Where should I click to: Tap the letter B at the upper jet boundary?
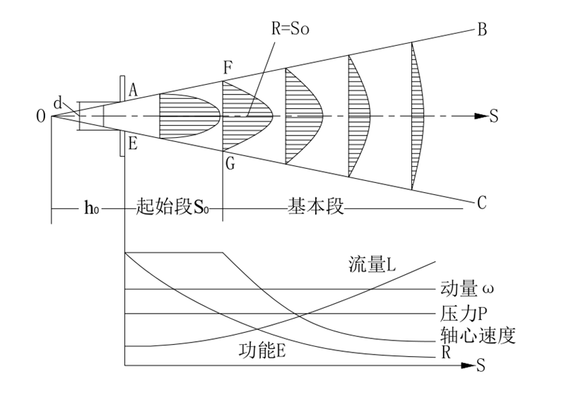(x=483, y=30)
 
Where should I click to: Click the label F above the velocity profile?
(x=226, y=69)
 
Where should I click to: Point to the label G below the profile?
(x=227, y=162)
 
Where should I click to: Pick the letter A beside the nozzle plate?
(x=133, y=88)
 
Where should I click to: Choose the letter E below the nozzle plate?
(x=133, y=143)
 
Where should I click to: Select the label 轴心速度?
(x=476, y=336)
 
